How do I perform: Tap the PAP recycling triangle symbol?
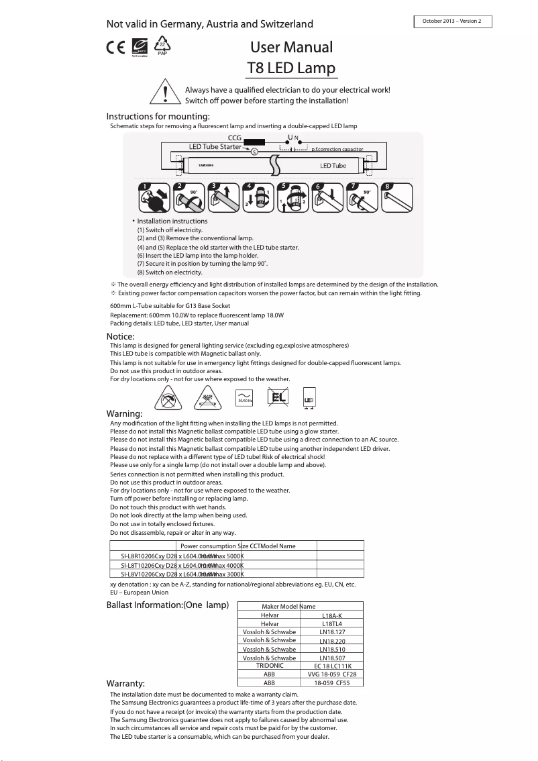click(162, 46)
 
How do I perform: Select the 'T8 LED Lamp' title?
click(291, 68)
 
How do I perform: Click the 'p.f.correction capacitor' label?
click(337, 149)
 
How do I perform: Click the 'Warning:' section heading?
click(124, 413)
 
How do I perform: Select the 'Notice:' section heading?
click(121, 336)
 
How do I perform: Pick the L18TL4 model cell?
click(332, 623)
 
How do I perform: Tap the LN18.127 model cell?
click(332, 631)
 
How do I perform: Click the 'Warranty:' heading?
click(126, 684)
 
